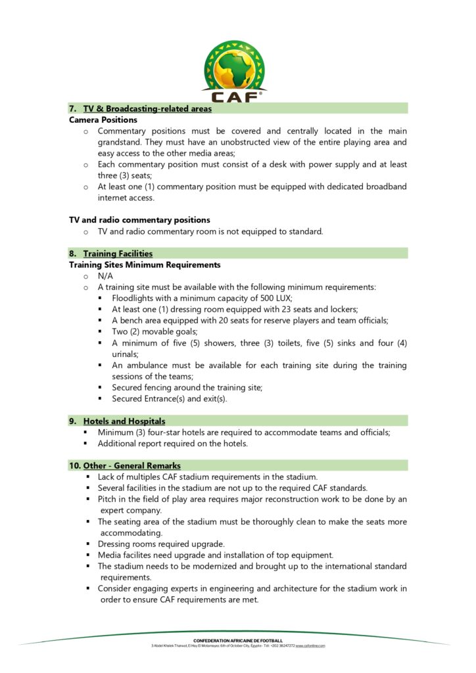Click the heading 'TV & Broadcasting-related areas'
[x=147, y=108]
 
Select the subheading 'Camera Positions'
[x=103, y=120]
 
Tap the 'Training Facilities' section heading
[x=118, y=253]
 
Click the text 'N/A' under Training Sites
[x=106, y=276]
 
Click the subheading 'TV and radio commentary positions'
[x=139, y=220]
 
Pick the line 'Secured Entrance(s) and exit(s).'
[x=170, y=399]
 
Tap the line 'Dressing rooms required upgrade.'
[x=161, y=544]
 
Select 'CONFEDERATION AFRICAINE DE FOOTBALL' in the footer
[x=238, y=640]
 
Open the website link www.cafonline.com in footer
[x=310, y=646]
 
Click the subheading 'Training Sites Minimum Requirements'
[x=145, y=265]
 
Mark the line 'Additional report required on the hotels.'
[x=173, y=444]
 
